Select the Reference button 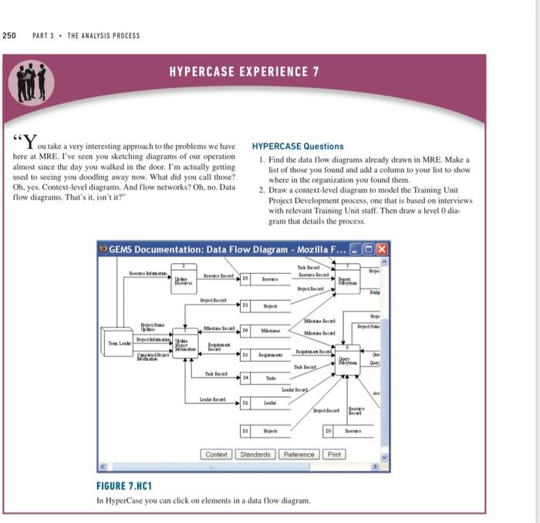tap(299, 454)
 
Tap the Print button tap(334, 454)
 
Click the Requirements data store tap(264, 356)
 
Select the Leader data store tap(264, 403)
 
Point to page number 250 tap(9, 35)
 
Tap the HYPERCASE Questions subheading tap(298, 146)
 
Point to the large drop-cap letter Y tap(29, 142)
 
